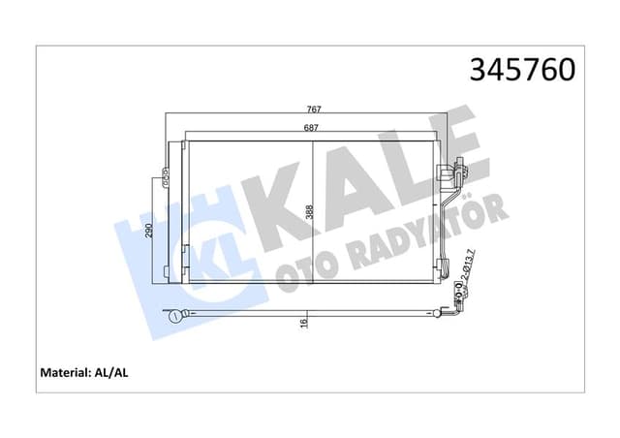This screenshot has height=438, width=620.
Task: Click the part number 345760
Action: click(x=522, y=70)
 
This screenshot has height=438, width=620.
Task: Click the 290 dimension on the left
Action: click(x=147, y=230)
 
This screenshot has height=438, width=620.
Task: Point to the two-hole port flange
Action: click(x=457, y=289)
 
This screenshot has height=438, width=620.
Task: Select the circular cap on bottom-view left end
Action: click(x=174, y=315)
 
